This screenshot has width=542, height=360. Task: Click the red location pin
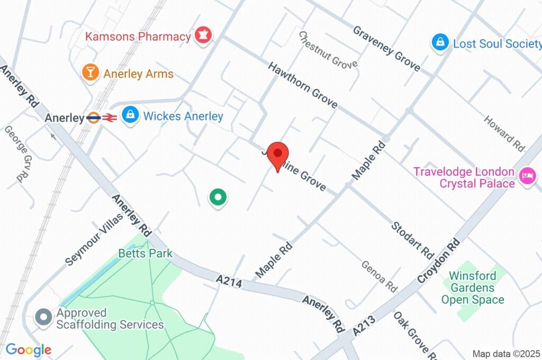coord(277,155)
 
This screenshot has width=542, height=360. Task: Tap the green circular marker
coord(218,197)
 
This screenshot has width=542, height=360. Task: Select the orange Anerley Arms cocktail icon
coord(91,73)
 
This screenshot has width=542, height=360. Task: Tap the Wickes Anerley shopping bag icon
coord(129,114)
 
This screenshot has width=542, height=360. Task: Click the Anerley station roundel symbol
coord(94,118)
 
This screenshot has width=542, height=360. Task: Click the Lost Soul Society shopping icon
coord(440,43)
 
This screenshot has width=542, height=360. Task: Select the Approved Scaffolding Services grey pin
coord(43,317)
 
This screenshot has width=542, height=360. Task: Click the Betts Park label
coord(146,254)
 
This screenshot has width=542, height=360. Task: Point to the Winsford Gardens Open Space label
coord(473,288)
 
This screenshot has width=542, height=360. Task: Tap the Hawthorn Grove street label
coord(302,85)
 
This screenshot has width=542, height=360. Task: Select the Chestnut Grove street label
coord(328,50)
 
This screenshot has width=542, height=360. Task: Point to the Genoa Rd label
coord(379,276)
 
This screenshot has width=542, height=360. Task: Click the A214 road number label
coord(229,281)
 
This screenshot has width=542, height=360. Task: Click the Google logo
coord(29,349)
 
